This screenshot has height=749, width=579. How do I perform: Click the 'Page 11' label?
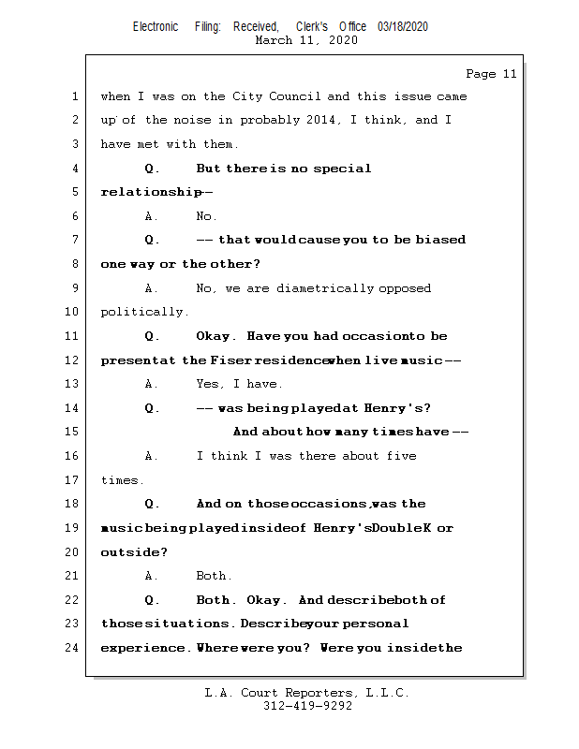(491, 74)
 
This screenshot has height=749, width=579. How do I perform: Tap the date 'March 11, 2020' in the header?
(305, 40)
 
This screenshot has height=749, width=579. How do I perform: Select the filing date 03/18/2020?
(403, 26)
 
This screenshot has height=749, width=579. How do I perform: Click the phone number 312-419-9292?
(307, 706)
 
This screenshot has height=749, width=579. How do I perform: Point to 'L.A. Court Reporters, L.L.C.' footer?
(306, 693)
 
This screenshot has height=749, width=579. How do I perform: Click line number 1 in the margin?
(74, 96)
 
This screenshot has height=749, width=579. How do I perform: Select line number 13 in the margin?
(73, 384)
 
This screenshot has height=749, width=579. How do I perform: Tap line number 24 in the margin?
(73, 647)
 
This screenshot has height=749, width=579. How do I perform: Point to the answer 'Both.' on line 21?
(214, 576)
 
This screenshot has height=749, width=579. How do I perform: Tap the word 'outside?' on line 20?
(134, 552)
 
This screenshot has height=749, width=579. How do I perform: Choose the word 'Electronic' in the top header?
(156, 26)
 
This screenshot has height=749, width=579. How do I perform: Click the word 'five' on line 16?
(401, 456)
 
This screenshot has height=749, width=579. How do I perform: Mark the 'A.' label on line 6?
(152, 216)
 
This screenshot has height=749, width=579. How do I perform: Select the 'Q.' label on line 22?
(152, 599)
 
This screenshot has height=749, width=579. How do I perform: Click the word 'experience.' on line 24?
(146, 647)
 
